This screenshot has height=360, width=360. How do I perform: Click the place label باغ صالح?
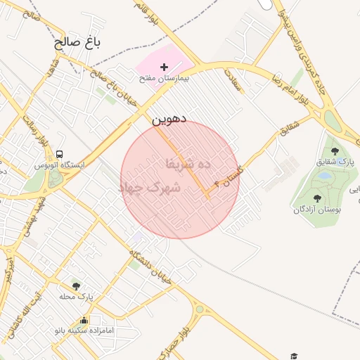tap(79, 43)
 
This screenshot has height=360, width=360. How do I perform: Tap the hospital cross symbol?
tap(165, 67)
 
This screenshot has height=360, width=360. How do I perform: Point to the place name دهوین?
tap(169, 120)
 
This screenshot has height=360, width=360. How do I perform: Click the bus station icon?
tap(60, 154)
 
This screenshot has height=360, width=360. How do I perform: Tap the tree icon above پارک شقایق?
tap(335, 151)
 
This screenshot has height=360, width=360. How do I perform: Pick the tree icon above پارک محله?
tap(76, 286)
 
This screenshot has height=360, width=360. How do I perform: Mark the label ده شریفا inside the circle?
tap(188, 163)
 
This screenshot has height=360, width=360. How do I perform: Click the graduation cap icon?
tap(293, 356)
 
